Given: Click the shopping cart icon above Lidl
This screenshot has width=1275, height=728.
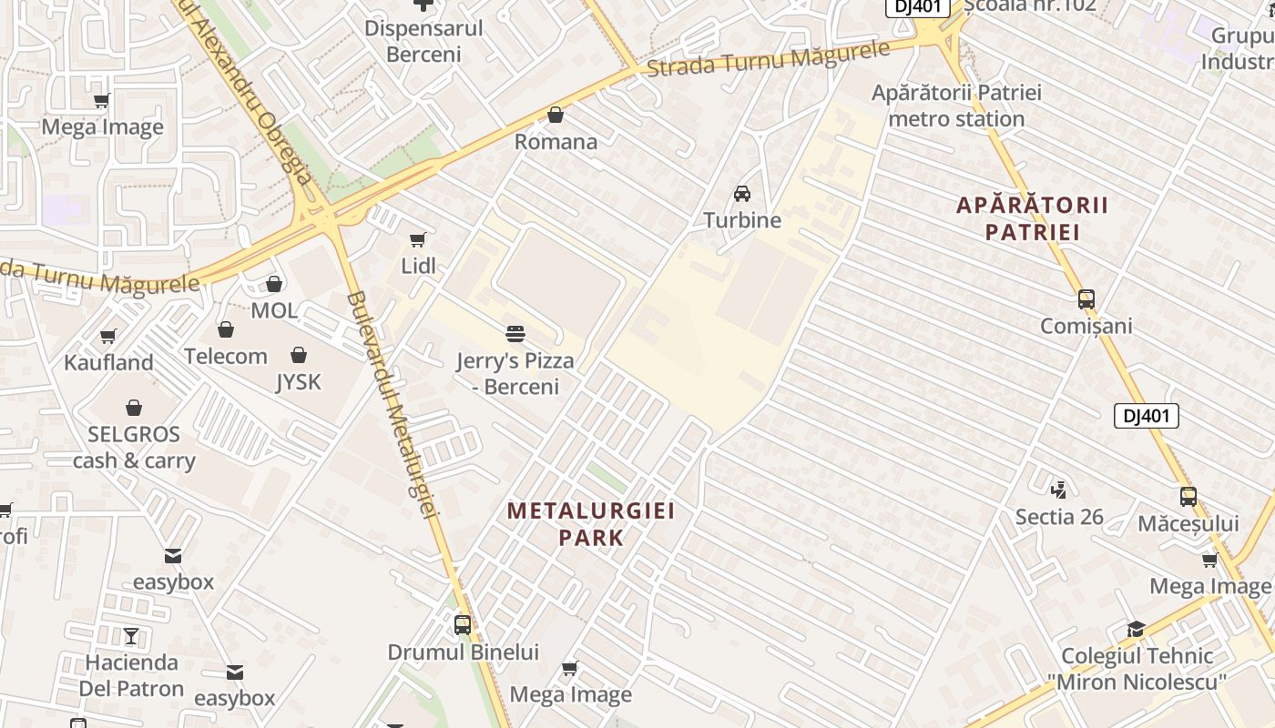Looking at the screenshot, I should click(x=417, y=239).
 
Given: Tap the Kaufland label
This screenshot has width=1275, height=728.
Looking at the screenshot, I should click(x=108, y=362).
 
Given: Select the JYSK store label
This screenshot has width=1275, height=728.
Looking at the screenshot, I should click(x=299, y=381).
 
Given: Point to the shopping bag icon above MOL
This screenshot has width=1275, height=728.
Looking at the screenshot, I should click(x=274, y=284).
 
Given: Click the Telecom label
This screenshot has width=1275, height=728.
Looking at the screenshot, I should click(x=226, y=356).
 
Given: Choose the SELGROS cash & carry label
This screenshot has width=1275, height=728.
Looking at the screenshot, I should click(x=134, y=447).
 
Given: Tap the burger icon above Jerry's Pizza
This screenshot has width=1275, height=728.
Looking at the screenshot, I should click(x=515, y=333).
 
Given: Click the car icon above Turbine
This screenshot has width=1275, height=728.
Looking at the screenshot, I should click(x=742, y=193).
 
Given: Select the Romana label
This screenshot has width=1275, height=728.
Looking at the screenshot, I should click(x=556, y=142).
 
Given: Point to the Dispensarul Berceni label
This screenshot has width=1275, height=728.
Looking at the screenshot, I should click(x=423, y=41).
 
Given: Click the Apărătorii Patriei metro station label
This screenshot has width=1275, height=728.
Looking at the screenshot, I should click(x=956, y=106).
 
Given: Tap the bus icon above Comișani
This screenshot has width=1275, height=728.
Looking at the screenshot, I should click(x=1086, y=298).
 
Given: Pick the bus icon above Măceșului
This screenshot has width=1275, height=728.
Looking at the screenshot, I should click(x=1188, y=497).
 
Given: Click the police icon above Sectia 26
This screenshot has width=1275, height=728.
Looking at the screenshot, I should click(x=1058, y=490).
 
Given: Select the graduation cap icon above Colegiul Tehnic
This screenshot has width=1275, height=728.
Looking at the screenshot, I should click(x=1136, y=629).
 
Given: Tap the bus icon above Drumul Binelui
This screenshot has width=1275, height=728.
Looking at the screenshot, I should click(x=463, y=625).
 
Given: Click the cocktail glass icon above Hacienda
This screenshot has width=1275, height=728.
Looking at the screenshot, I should click(x=131, y=635).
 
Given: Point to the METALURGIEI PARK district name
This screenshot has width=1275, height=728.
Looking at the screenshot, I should click(x=592, y=523).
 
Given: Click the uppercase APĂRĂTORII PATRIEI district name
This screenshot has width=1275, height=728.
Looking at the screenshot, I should click(x=1033, y=218).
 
